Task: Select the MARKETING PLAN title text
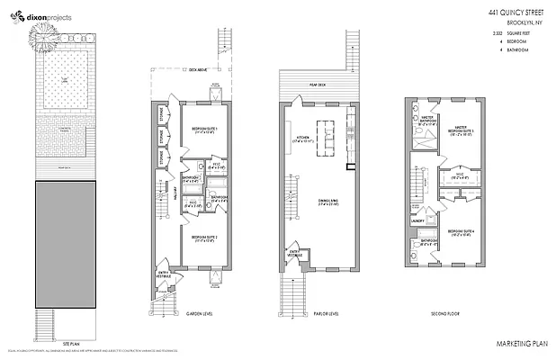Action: click(x=520, y=345)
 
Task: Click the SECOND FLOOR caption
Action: click(x=445, y=313)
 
